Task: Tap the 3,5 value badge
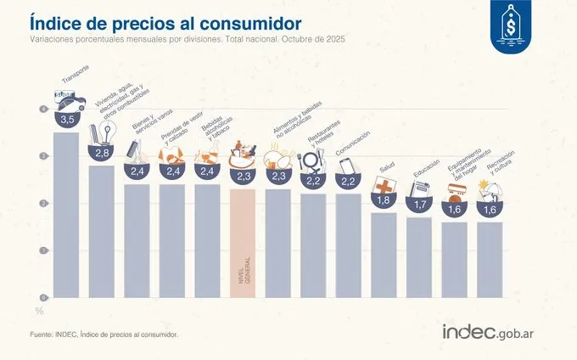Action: tap(66, 119)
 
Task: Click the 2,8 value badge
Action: tap(102, 153)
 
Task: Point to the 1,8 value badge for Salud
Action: tap(384, 200)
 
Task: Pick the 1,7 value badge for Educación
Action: tap(419, 205)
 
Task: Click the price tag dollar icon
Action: tap(512, 30)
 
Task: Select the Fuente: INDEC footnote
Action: tap(104, 335)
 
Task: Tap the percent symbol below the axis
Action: tap(37, 311)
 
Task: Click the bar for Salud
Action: tap(384, 255)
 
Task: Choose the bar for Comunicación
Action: tap(349, 246)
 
